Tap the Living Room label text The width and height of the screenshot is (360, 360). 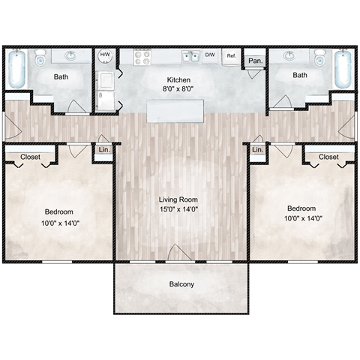pyautogui.click(x=179, y=199)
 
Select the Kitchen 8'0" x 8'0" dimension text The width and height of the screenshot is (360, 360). pyautogui.click(x=178, y=88)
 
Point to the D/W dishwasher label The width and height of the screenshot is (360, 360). pyautogui.click(x=210, y=55)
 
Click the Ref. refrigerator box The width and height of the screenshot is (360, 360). pyautogui.click(x=231, y=55)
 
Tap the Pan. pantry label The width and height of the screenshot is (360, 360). pyautogui.click(x=255, y=60)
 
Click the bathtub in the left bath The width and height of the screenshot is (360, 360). pyautogui.click(x=18, y=69)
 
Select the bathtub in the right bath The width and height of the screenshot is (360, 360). pyautogui.click(x=343, y=69)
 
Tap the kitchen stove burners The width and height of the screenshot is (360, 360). pyautogui.click(x=142, y=55)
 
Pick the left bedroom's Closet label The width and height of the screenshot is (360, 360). pyautogui.click(x=30, y=157)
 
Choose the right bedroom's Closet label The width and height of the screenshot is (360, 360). pyautogui.click(x=328, y=157)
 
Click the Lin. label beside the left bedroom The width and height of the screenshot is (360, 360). pyautogui.click(x=103, y=150)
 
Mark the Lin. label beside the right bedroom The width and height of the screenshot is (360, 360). pyautogui.click(x=258, y=150)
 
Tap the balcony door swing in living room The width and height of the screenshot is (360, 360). pyautogui.click(x=178, y=253)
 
